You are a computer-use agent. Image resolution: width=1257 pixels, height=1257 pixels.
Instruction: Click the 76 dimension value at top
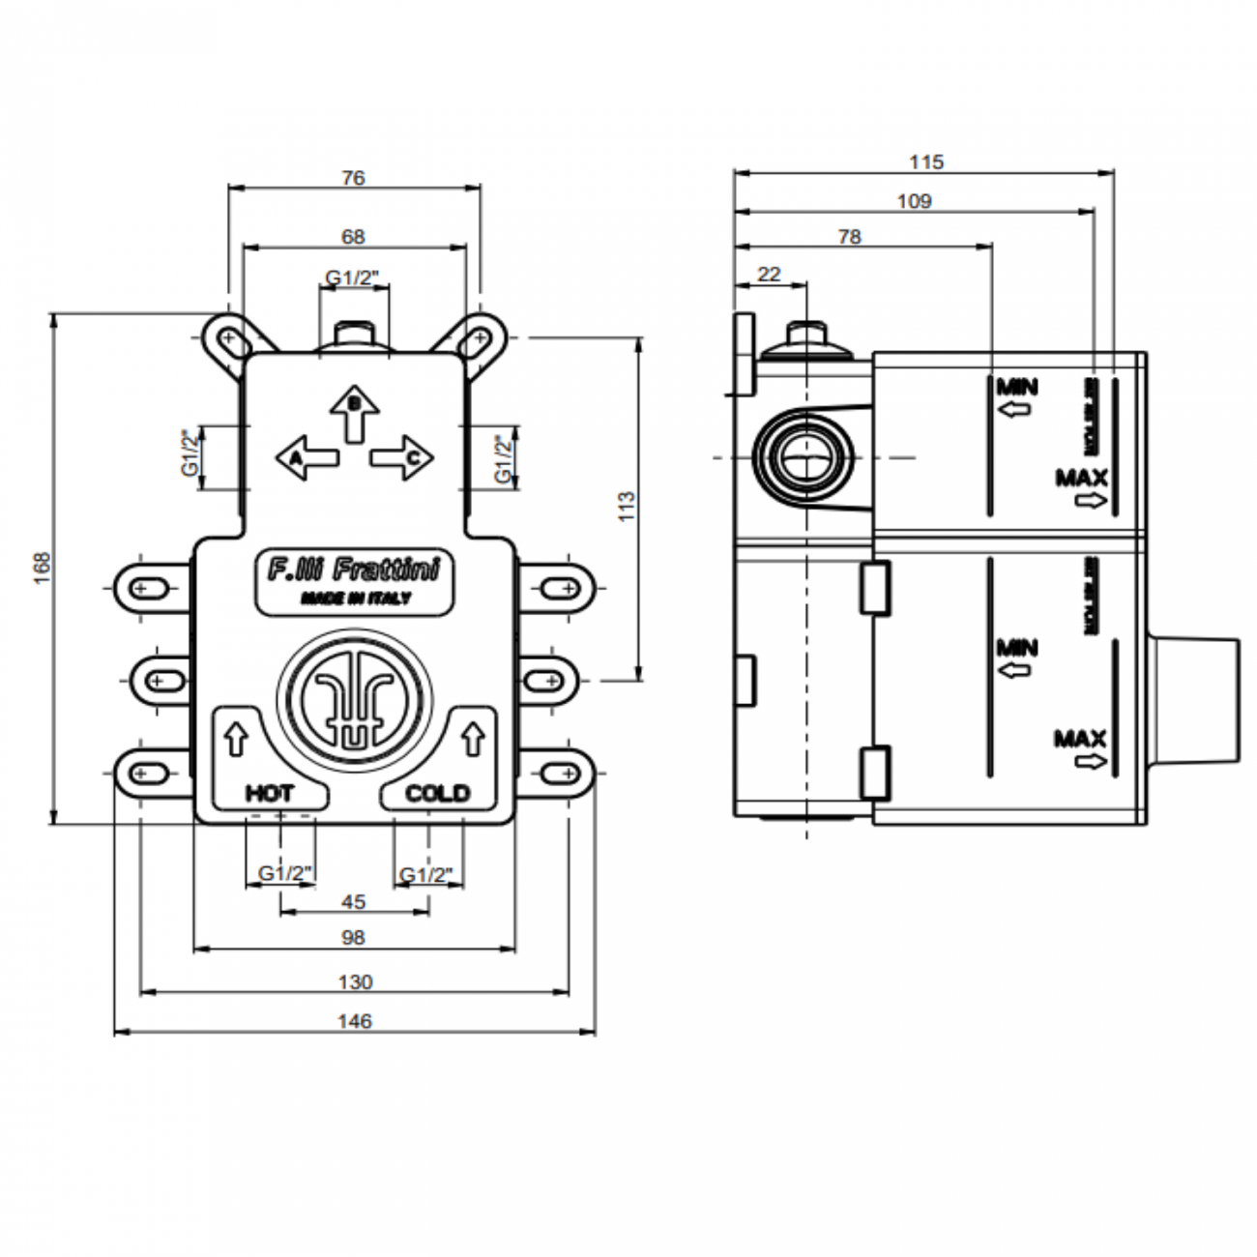click(354, 178)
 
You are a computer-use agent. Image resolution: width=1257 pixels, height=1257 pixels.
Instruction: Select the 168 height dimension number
click(41, 568)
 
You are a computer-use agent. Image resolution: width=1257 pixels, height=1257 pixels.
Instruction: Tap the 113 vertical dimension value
click(628, 508)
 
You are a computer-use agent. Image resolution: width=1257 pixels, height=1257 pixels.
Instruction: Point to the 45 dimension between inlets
click(354, 901)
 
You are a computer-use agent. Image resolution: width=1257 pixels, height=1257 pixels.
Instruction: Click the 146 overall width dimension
click(354, 1021)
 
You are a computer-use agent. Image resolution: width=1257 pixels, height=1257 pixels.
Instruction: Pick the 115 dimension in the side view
click(925, 162)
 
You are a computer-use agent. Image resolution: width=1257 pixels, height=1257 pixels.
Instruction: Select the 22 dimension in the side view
click(769, 275)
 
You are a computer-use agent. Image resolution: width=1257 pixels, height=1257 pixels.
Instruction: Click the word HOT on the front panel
click(269, 794)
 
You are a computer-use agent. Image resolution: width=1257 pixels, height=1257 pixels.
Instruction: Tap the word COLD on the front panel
click(438, 794)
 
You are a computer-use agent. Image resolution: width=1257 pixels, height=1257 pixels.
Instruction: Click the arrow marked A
click(307, 456)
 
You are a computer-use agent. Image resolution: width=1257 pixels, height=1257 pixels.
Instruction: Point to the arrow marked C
click(401, 456)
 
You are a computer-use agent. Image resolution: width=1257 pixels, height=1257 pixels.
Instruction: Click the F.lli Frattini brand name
click(354, 570)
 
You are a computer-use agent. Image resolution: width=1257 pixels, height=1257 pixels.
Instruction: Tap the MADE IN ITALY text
click(355, 599)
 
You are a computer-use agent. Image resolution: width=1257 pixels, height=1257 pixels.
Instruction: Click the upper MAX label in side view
click(1081, 478)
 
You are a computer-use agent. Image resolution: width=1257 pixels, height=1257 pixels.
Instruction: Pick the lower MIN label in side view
click(1017, 647)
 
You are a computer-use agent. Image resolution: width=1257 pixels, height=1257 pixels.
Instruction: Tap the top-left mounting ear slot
click(230, 339)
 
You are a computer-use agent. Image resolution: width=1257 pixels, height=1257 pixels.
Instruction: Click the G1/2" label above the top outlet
click(353, 278)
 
